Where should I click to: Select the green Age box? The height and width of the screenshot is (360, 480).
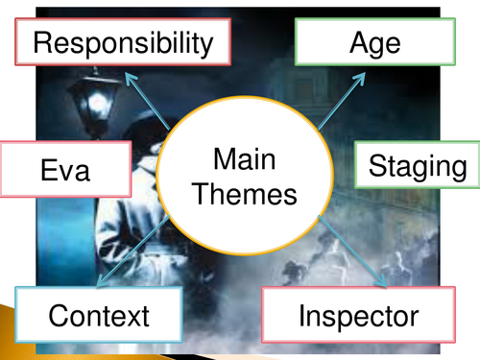(x=374, y=42)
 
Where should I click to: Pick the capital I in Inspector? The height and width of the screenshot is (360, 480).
(x=303, y=314)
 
